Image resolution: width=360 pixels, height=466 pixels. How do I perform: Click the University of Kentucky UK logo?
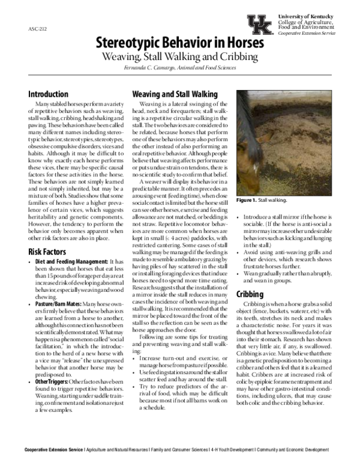260,24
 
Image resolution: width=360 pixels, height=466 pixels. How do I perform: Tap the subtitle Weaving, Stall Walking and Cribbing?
179,57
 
